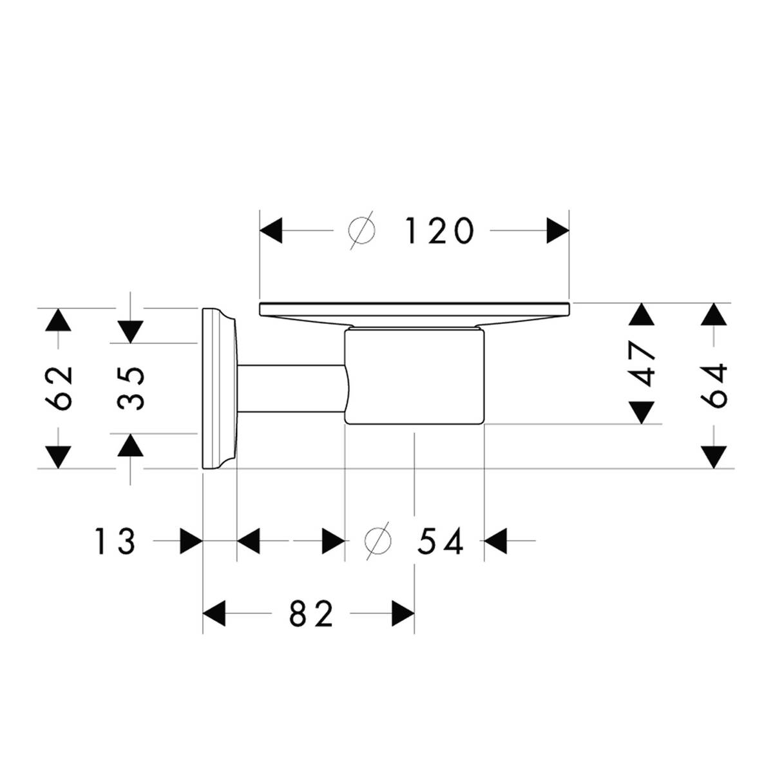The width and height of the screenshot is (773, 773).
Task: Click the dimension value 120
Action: pyautogui.click(x=439, y=231)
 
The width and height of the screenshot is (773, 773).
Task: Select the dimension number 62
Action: pyautogui.click(x=59, y=388)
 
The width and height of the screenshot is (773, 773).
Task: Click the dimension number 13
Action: pyautogui.click(x=115, y=541)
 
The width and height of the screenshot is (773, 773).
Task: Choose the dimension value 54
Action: pyautogui.click(x=441, y=541)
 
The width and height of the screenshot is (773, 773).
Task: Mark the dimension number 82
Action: pyautogui.click(x=312, y=614)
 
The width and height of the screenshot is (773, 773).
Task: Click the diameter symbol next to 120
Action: pyautogui.click(x=361, y=231)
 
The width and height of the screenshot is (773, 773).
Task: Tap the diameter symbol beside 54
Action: pyautogui.click(x=377, y=541)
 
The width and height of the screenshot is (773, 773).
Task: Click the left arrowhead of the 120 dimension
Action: pyautogui.click(x=271, y=231)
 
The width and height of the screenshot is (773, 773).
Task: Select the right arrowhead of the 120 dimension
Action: pyautogui.click(x=558, y=231)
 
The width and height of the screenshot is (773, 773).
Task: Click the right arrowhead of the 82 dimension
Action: pyautogui.click(x=402, y=614)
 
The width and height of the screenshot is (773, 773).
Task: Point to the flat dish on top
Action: pyautogui.click(x=414, y=309)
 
